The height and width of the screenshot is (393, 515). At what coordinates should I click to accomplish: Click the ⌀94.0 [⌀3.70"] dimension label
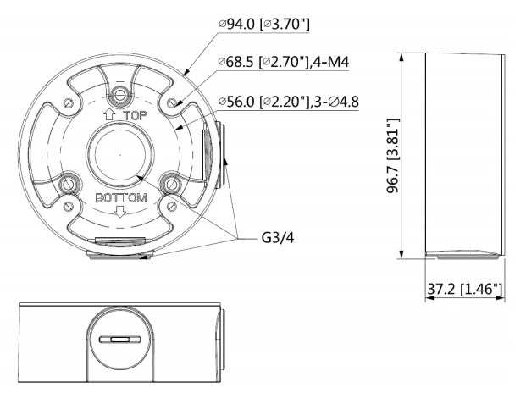click(264, 24)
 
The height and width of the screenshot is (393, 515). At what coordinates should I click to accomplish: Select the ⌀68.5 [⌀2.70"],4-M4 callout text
click(284, 62)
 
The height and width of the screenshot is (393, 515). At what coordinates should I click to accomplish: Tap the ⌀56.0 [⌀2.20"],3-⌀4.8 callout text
click(289, 102)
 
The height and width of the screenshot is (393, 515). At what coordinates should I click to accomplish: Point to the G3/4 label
click(278, 237)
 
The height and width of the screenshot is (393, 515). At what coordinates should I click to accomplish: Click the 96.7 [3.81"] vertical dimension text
click(392, 156)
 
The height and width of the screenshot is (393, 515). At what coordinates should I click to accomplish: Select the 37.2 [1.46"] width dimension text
click(465, 289)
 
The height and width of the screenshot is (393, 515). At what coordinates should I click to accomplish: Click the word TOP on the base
click(135, 115)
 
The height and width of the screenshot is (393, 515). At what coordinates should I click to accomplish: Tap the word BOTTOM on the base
click(121, 197)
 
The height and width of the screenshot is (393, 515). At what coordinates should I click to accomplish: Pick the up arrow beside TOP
click(109, 115)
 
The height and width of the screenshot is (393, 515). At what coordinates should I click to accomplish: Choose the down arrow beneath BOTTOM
click(120, 212)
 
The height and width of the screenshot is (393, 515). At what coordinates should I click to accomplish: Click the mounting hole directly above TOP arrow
click(120, 96)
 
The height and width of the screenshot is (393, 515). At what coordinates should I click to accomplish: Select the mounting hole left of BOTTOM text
click(69, 185)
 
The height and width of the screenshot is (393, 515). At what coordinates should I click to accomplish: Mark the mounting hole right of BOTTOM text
click(172, 184)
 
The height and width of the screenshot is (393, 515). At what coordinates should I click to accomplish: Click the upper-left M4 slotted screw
click(69, 102)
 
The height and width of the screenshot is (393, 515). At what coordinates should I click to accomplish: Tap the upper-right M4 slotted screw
click(172, 102)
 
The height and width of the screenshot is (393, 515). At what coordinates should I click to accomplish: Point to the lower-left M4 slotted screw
click(69, 207)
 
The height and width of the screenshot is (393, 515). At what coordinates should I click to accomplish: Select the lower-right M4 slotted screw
click(172, 207)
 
